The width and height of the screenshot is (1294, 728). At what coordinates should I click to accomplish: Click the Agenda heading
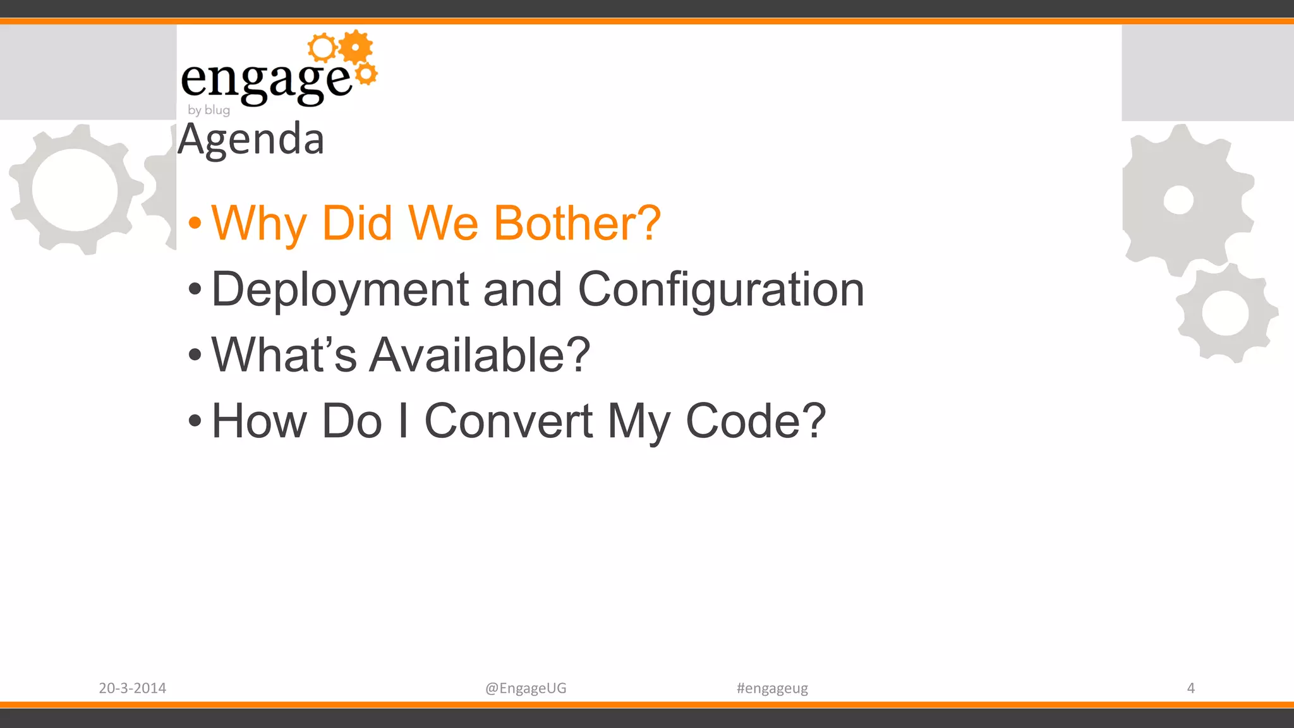coord(251,140)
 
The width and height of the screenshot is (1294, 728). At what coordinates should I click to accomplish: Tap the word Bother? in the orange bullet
coord(577,224)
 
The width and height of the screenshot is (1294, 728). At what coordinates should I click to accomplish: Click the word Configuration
coord(720,289)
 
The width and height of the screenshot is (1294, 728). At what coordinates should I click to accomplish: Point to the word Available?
coord(480,355)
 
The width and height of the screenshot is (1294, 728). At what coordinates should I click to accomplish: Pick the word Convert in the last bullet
coord(508,421)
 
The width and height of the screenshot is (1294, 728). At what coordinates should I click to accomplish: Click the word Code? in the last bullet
coord(756,421)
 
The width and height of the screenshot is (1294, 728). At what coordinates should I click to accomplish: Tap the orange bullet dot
coord(195,223)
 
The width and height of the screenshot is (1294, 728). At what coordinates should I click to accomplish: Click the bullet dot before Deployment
coord(195,289)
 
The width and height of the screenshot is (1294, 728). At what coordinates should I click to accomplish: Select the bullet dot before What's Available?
coord(195,355)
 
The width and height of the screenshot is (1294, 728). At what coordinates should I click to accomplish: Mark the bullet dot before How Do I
coord(195,421)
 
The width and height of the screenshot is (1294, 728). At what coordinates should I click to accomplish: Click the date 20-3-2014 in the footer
coord(132,688)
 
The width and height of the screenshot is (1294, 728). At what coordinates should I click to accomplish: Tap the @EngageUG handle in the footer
coord(526,688)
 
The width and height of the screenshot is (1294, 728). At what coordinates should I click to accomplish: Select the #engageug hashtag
coord(772,688)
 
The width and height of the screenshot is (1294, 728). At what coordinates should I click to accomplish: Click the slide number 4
coord(1190,688)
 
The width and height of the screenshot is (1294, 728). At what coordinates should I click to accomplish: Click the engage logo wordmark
coord(265,80)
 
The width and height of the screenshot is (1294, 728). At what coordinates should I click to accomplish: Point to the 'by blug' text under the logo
coord(209,110)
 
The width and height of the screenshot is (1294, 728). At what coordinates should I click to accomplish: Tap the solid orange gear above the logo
coord(356,47)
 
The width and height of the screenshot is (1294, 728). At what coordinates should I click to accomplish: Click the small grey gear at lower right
coord(1226,313)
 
